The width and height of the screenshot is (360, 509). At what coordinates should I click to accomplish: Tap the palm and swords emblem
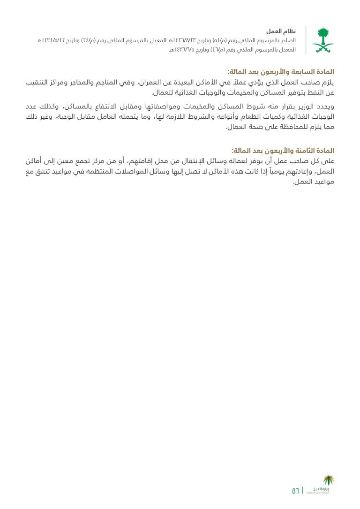(x=323, y=40)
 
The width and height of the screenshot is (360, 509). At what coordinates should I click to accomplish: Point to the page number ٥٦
(x=296, y=491)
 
